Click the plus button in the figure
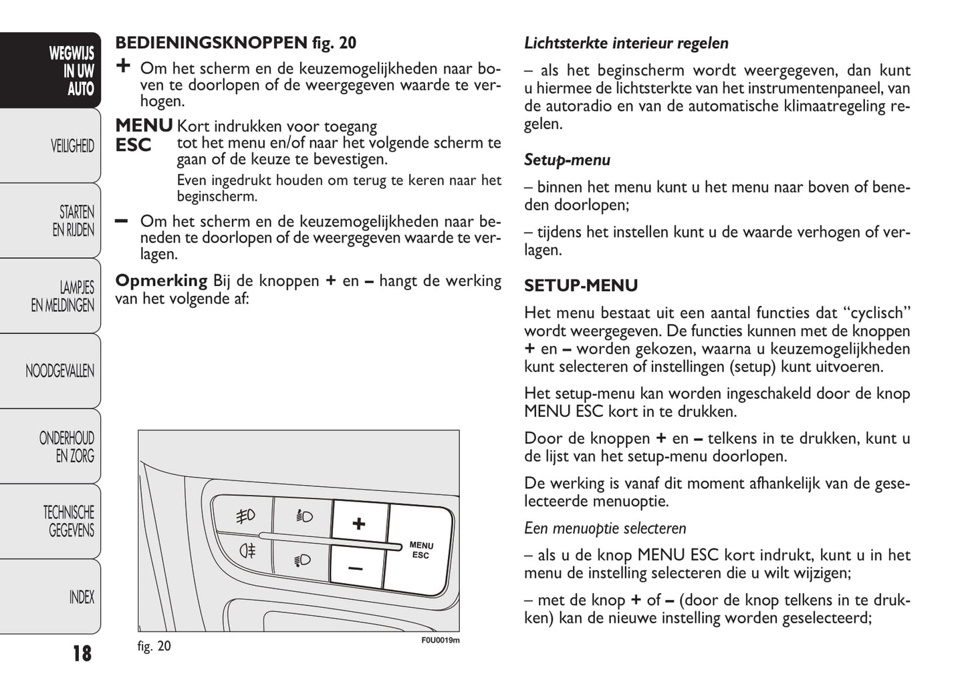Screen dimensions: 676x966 coord(359,523)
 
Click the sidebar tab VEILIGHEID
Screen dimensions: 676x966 coord(72,146)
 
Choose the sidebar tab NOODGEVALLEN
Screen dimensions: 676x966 coord(59,371)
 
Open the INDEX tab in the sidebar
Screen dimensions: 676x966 coord(82,597)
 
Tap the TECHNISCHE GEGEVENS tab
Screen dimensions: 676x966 coord(69,522)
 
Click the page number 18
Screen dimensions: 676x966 coord(82,653)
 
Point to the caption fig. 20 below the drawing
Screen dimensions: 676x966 coord(154,646)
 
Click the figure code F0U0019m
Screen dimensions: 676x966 coord(440,641)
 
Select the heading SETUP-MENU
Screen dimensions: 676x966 coord(580,286)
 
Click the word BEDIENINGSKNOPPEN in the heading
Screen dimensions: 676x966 coord(211,43)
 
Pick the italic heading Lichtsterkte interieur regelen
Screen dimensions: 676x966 coord(626,43)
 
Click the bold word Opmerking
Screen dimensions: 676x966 coord(161,281)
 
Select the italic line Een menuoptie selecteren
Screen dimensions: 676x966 coord(604,528)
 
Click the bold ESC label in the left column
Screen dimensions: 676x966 coord(133,145)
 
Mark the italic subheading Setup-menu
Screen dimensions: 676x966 coord(567,160)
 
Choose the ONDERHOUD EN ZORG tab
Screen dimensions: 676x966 coord(67,447)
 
